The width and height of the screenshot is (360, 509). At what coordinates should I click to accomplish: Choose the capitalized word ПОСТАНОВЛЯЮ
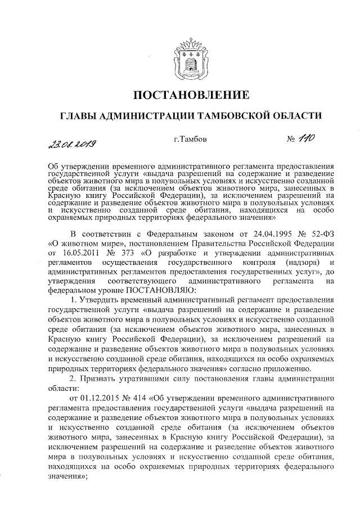coord(161,290)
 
